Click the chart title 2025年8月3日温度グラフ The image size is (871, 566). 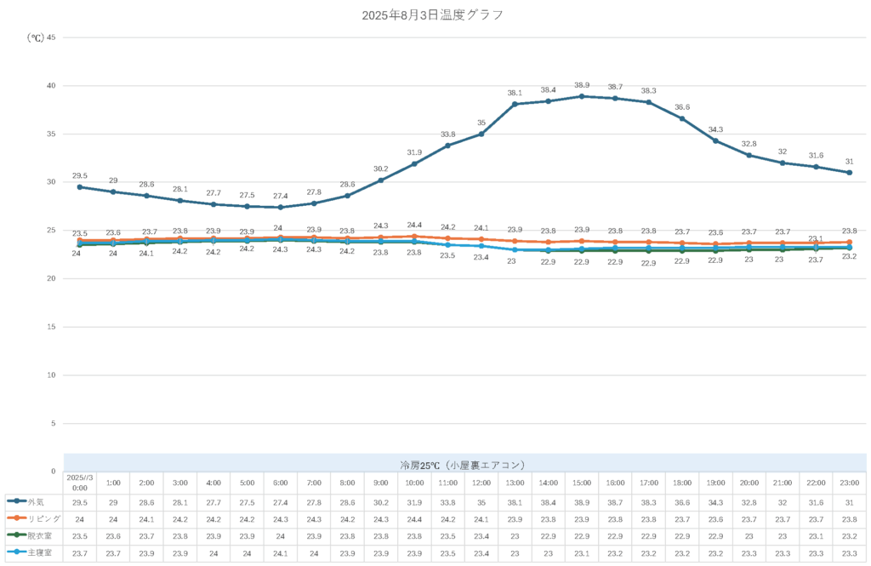point(432,14)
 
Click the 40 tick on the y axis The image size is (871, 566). point(50,86)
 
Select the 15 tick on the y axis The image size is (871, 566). point(50,327)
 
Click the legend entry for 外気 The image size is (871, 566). point(33,501)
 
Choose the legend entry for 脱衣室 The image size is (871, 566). point(33,535)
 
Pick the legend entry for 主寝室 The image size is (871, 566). point(33,552)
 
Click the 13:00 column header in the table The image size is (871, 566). point(515,483)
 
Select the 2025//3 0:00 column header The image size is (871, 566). point(80,483)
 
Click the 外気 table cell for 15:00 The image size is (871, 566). point(582,502)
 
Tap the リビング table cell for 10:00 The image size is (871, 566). point(414,518)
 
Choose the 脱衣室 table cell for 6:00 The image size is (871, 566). point(281,535)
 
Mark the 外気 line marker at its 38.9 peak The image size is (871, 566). point(582,96)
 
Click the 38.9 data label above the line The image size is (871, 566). point(582,85)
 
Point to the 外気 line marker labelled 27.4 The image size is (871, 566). point(281,207)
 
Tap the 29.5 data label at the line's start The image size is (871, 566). point(79,175)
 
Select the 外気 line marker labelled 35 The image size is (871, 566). point(481,134)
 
